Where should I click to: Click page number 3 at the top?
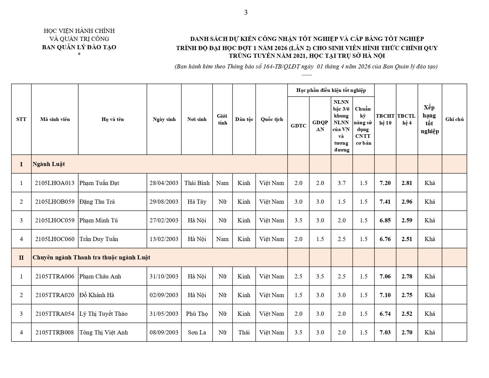pos(246,12)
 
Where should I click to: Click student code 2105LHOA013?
pos(55,183)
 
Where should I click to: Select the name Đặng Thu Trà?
pos(97,202)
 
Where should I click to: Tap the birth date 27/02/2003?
pos(164,220)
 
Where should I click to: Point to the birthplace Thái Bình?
pos(197,183)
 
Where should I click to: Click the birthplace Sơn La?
pos(197,332)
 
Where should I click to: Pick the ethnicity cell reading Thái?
pos(244,332)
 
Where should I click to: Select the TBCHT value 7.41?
pos(385,202)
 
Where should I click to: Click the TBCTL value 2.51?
pos(407,239)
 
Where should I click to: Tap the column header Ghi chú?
pos(454,119)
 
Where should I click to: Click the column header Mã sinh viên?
pos(55,119)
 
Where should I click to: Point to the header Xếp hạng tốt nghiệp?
pos(430,119)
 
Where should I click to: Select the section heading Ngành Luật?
pos(49,164)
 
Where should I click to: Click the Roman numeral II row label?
pos(21,258)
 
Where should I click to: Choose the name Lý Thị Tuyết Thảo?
pos(103,314)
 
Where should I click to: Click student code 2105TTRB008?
pos(55,332)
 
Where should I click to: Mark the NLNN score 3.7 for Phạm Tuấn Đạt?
pos(342,183)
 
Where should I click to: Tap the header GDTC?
pos(298,126)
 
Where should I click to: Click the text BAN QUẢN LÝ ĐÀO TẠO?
pos(79,47)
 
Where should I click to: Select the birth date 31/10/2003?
pos(164,276)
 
